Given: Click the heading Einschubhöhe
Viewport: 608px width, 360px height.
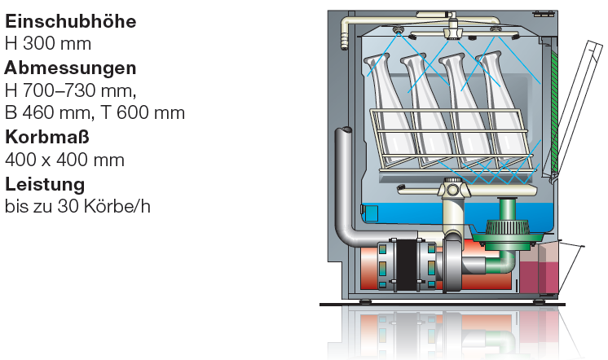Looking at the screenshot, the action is (71, 21).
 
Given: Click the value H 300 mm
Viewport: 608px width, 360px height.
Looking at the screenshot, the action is (48, 43).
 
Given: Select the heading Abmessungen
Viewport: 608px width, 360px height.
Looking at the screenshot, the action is (71, 68).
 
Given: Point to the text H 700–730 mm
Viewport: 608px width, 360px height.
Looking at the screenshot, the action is (70, 90).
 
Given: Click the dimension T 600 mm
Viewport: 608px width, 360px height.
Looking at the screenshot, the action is (143, 112).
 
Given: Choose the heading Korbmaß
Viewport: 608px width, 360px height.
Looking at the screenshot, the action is (47, 137).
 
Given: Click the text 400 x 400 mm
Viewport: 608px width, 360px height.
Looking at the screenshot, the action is (64, 160).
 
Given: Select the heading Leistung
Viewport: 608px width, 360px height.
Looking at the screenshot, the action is (45, 184).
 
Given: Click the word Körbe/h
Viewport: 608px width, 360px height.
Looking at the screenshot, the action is (118, 206).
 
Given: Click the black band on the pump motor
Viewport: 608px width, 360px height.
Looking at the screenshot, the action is (407, 266).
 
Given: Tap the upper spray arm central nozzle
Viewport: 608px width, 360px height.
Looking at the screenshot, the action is (453, 30).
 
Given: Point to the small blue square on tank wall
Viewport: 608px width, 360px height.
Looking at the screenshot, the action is (371, 213).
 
